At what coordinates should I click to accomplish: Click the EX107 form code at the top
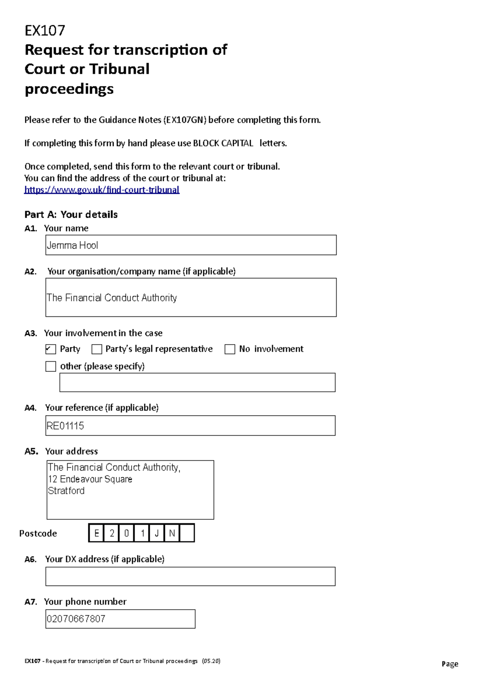(45, 30)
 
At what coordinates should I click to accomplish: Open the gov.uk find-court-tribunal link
(102, 190)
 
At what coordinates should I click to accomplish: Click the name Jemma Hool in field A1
(72, 245)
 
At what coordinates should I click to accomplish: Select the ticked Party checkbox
(51, 349)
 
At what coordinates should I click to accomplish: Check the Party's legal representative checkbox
(97, 349)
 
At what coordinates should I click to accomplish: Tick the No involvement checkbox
(230, 349)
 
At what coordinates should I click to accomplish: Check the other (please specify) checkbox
(51, 367)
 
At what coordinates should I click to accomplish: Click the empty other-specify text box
(197, 383)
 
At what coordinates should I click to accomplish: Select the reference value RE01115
(65, 426)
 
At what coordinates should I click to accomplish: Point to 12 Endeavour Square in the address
(90, 479)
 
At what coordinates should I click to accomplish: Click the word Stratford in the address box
(66, 491)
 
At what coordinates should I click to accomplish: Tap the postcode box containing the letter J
(157, 533)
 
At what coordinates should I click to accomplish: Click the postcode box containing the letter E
(96, 533)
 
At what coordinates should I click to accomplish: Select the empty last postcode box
(187, 533)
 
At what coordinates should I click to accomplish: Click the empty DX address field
(190, 577)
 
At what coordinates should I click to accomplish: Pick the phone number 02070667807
(76, 619)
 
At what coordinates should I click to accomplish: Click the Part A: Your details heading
(71, 215)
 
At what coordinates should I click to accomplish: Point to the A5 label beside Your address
(31, 452)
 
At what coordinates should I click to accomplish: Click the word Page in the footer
(450, 664)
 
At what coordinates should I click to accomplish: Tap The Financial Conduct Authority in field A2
(112, 298)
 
